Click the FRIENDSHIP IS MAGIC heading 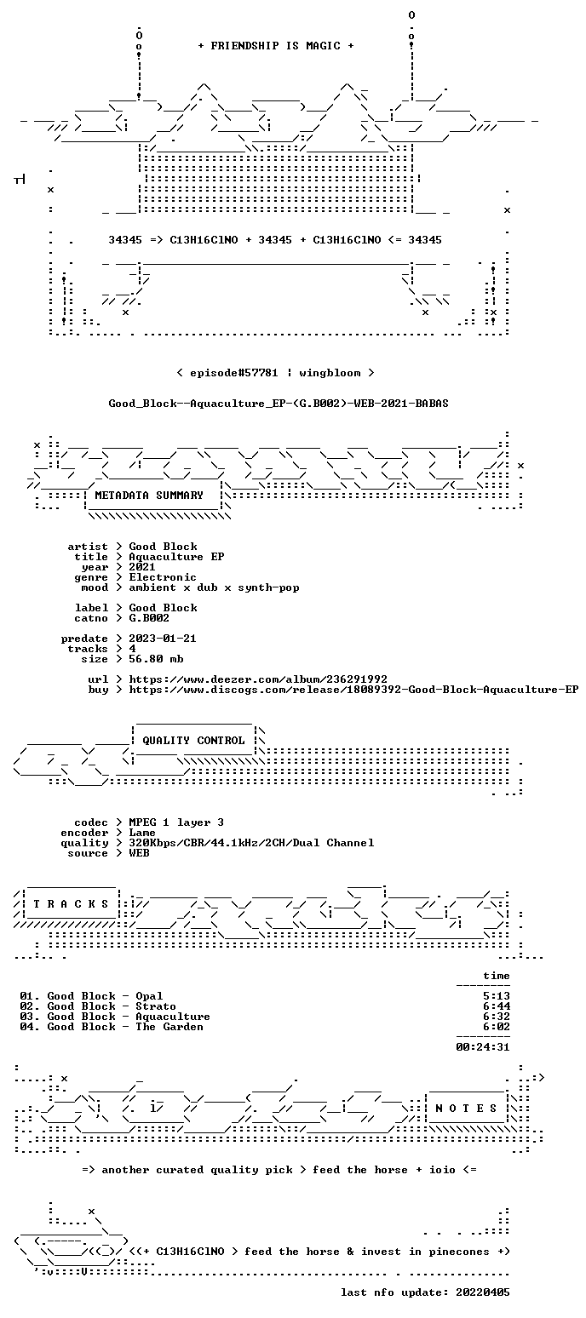coord(276,46)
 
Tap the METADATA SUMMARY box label coord(149,496)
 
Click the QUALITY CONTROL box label coord(193,741)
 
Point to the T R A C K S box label coord(72,904)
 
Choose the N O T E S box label coord(466,1109)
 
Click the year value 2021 coord(142,567)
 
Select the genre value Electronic coord(163,577)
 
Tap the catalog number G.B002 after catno coord(149,618)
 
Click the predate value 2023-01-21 coord(163,639)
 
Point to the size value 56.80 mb coord(156,659)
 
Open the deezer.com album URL coord(258,679)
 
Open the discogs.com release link coord(353,690)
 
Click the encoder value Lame coord(142,834)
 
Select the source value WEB coord(139,853)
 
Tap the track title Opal coord(149,996)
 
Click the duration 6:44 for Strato coord(497,1006)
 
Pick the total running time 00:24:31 coord(483,1047)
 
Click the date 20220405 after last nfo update coord(483,1292)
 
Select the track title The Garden coord(169,1027)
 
